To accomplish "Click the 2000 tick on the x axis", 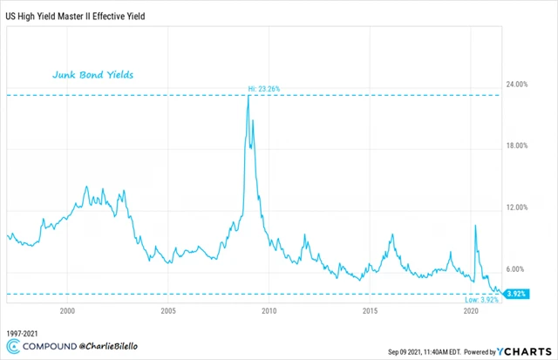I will (67, 311).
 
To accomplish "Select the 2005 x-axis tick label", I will (168, 311).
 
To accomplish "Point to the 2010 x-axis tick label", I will (269, 311).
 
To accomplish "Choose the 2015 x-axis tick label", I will (371, 311).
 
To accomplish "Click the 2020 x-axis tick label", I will (472, 311).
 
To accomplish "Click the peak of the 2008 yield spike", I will (248, 96).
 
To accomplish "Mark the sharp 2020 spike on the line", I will (475, 226).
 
